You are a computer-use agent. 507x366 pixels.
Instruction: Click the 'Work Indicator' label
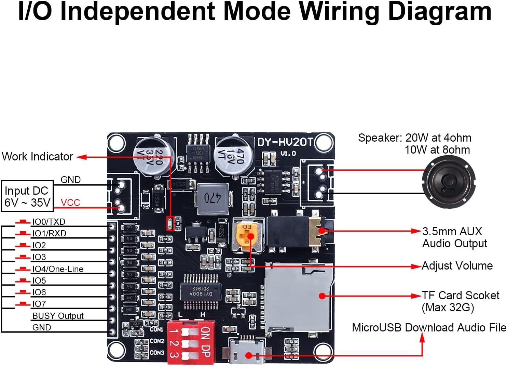pos(37,157)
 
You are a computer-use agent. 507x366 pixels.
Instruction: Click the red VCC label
pos(70,202)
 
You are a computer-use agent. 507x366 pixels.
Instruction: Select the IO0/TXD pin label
pos(49,222)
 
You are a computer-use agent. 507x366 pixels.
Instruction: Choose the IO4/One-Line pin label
pos(58,269)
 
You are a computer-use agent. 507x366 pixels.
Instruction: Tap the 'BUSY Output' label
pos(58,316)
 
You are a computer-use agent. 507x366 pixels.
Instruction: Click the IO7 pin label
pos(39,304)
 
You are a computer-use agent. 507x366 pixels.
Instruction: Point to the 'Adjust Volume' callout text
pos(457,266)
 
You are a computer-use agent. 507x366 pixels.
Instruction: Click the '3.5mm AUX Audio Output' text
pos(454,237)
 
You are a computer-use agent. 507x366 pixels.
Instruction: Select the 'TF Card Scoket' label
pos(460,295)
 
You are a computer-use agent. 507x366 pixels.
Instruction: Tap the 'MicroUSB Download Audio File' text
pos(429,327)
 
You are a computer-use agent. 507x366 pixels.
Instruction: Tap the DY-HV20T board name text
pos(285,142)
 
